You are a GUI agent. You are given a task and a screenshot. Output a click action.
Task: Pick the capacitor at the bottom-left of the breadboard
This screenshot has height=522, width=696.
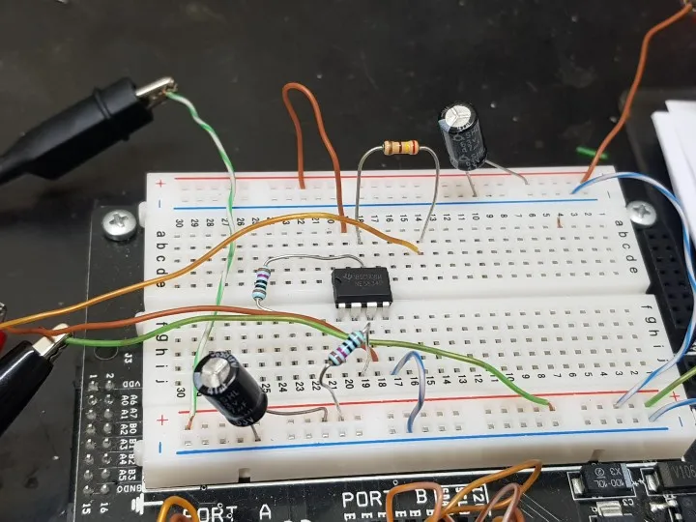[230, 387]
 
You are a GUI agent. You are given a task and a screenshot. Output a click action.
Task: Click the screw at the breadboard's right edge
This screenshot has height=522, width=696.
[638, 211]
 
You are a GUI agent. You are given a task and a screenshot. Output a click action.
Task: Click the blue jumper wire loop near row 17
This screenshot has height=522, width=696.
[411, 387]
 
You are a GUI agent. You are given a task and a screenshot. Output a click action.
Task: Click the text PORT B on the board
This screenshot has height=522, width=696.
[382, 501]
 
